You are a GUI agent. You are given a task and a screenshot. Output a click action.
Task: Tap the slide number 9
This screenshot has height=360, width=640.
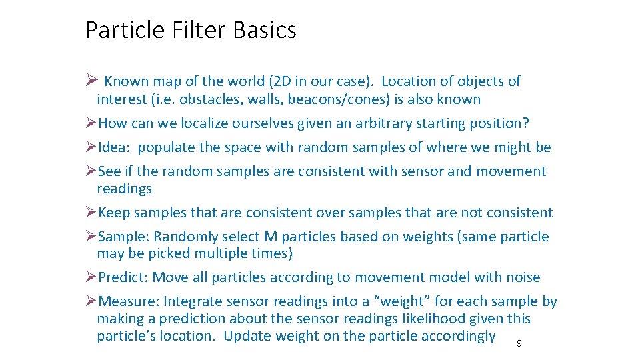(519, 344)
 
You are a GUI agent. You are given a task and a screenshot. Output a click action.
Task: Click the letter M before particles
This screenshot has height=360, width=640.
(271, 237)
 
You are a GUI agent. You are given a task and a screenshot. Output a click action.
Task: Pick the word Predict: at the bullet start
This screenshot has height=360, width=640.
(124, 277)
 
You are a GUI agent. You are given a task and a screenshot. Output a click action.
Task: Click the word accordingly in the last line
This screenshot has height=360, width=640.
(459, 336)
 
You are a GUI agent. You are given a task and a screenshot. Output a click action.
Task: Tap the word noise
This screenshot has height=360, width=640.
(522, 277)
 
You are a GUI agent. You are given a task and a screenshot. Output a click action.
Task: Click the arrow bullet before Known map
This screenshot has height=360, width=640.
(92, 81)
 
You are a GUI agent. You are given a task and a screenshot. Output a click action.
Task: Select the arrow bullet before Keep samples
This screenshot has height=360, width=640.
(91, 213)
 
